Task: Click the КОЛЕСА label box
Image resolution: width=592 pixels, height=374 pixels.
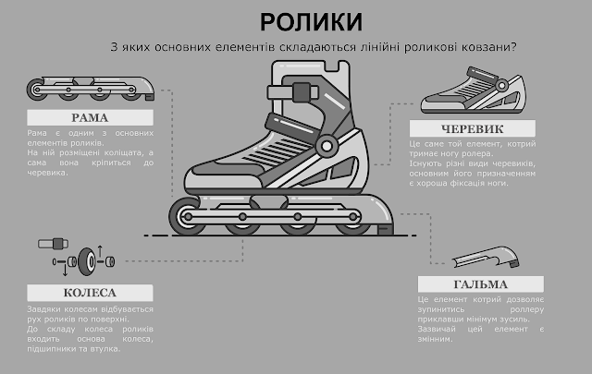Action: tap(90, 293)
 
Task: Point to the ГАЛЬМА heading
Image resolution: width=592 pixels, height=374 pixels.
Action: tap(479, 284)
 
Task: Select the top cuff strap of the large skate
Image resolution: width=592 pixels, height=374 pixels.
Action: tap(294, 93)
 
